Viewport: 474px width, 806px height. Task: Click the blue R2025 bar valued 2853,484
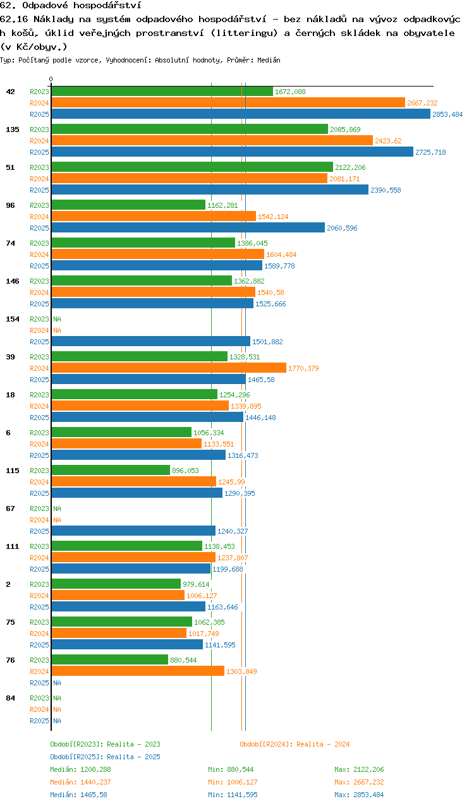241,114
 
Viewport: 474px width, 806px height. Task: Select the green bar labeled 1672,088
162,92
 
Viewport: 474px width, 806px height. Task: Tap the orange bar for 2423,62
212,141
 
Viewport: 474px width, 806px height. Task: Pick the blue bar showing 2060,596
188,228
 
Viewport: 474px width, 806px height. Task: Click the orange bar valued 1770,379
169,368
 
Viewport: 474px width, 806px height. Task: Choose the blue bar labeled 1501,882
151,341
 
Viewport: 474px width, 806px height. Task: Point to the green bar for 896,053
111,470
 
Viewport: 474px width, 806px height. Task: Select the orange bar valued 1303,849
138,671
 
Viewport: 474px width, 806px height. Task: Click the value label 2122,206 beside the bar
350,167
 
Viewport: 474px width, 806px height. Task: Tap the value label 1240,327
233,531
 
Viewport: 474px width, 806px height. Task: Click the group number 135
13,129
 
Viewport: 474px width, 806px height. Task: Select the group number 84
11,698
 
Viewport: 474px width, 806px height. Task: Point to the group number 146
13,281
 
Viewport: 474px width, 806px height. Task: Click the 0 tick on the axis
51,79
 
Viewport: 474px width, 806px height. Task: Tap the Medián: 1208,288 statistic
81,769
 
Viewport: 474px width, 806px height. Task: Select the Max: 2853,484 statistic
359,795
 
